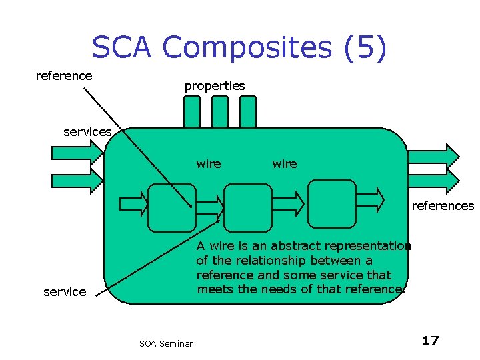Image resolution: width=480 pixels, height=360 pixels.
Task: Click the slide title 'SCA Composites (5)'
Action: tap(239, 48)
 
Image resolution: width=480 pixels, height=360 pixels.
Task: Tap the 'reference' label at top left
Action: tap(64, 76)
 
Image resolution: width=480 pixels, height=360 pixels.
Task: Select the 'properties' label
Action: tap(215, 86)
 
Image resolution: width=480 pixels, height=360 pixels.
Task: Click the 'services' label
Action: tap(87, 132)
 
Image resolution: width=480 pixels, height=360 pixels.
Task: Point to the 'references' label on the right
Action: tap(443, 206)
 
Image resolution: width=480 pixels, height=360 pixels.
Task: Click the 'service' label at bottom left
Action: tap(65, 292)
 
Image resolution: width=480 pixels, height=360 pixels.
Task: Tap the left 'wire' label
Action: tap(209, 164)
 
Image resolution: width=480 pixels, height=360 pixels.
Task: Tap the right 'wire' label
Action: tap(285, 164)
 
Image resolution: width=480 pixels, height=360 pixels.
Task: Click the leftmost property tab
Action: tap(191, 111)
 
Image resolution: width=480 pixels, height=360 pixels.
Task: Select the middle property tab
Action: tap(219, 111)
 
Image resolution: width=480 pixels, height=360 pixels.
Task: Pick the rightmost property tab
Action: tap(247, 111)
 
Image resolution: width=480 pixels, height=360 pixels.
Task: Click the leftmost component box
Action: tap(171, 207)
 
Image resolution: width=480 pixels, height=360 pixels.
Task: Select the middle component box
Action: tap(248, 207)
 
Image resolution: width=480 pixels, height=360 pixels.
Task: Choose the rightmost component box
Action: tap(334, 204)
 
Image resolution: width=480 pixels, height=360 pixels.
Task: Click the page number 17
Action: tap(431, 341)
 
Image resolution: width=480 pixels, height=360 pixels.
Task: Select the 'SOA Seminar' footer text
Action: tap(166, 344)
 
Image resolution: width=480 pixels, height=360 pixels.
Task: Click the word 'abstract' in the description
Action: tap(290, 246)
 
